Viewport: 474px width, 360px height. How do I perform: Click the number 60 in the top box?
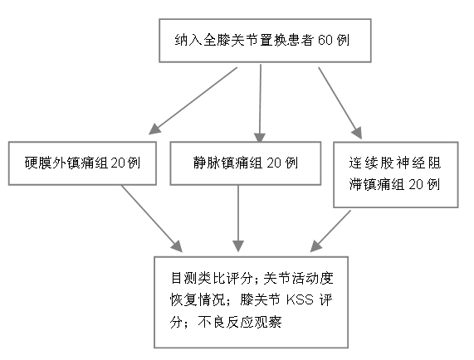click(325, 40)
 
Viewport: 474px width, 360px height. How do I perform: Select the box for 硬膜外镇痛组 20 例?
click(82, 163)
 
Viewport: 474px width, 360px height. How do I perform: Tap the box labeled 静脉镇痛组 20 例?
click(246, 163)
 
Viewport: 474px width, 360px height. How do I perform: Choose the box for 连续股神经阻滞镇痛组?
click(396, 174)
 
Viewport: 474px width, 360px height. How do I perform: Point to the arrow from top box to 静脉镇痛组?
click(260, 103)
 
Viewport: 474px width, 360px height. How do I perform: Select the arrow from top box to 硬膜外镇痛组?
click(193, 100)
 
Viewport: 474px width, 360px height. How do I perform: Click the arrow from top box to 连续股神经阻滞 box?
click(340, 103)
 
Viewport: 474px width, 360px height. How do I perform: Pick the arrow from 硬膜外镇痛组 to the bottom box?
click(152, 219)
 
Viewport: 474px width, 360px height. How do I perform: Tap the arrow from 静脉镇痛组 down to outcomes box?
click(238, 218)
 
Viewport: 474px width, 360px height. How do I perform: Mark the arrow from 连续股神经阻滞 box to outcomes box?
click(330, 231)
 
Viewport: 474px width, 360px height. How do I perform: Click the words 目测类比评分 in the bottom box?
click(212, 278)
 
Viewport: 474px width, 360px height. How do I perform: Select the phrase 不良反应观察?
click(240, 322)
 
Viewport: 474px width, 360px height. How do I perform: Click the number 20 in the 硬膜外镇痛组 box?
click(118, 163)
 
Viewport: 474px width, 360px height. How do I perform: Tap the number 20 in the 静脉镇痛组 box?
click(274, 163)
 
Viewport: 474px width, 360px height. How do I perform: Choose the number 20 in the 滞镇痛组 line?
click(416, 184)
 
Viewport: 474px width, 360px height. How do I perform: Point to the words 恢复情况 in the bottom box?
click(198, 300)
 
